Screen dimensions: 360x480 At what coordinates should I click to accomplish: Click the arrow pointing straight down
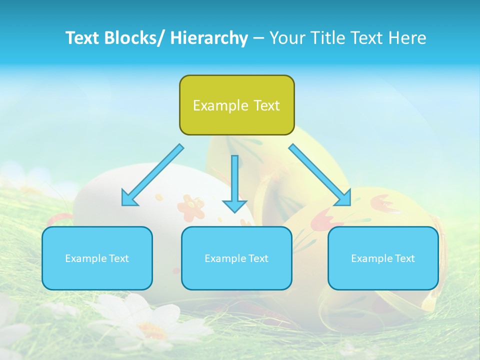click(234, 185)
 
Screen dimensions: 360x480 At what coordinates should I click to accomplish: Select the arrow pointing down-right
click(320, 175)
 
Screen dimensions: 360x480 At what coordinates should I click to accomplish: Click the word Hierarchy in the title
click(209, 38)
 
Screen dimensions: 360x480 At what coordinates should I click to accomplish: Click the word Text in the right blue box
click(404, 258)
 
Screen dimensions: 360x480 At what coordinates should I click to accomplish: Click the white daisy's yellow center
click(150, 328)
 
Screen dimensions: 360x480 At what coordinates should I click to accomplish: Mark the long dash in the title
click(258, 38)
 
